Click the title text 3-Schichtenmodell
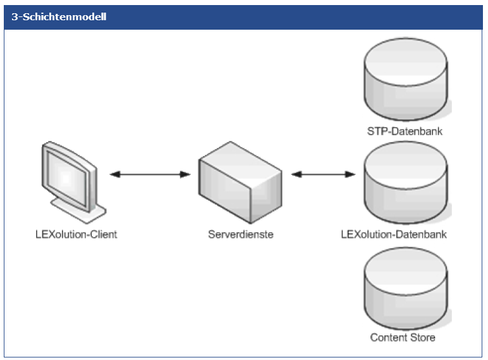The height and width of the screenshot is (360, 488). (59, 17)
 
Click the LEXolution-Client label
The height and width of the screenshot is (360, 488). (76, 234)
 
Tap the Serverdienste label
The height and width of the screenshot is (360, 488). (240, 234)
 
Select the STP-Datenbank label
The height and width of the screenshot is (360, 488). (405, 131)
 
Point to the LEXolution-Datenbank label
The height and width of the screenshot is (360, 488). (394, 234)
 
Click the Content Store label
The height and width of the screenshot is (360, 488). (403, 337)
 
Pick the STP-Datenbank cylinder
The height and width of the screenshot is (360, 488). (405, 80)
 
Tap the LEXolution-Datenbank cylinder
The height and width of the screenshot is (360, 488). (405, 183)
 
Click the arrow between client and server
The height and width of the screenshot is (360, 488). (150, 174)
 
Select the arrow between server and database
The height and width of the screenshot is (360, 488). (323, 174)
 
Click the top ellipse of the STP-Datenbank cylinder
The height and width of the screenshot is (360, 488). (405, 56)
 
